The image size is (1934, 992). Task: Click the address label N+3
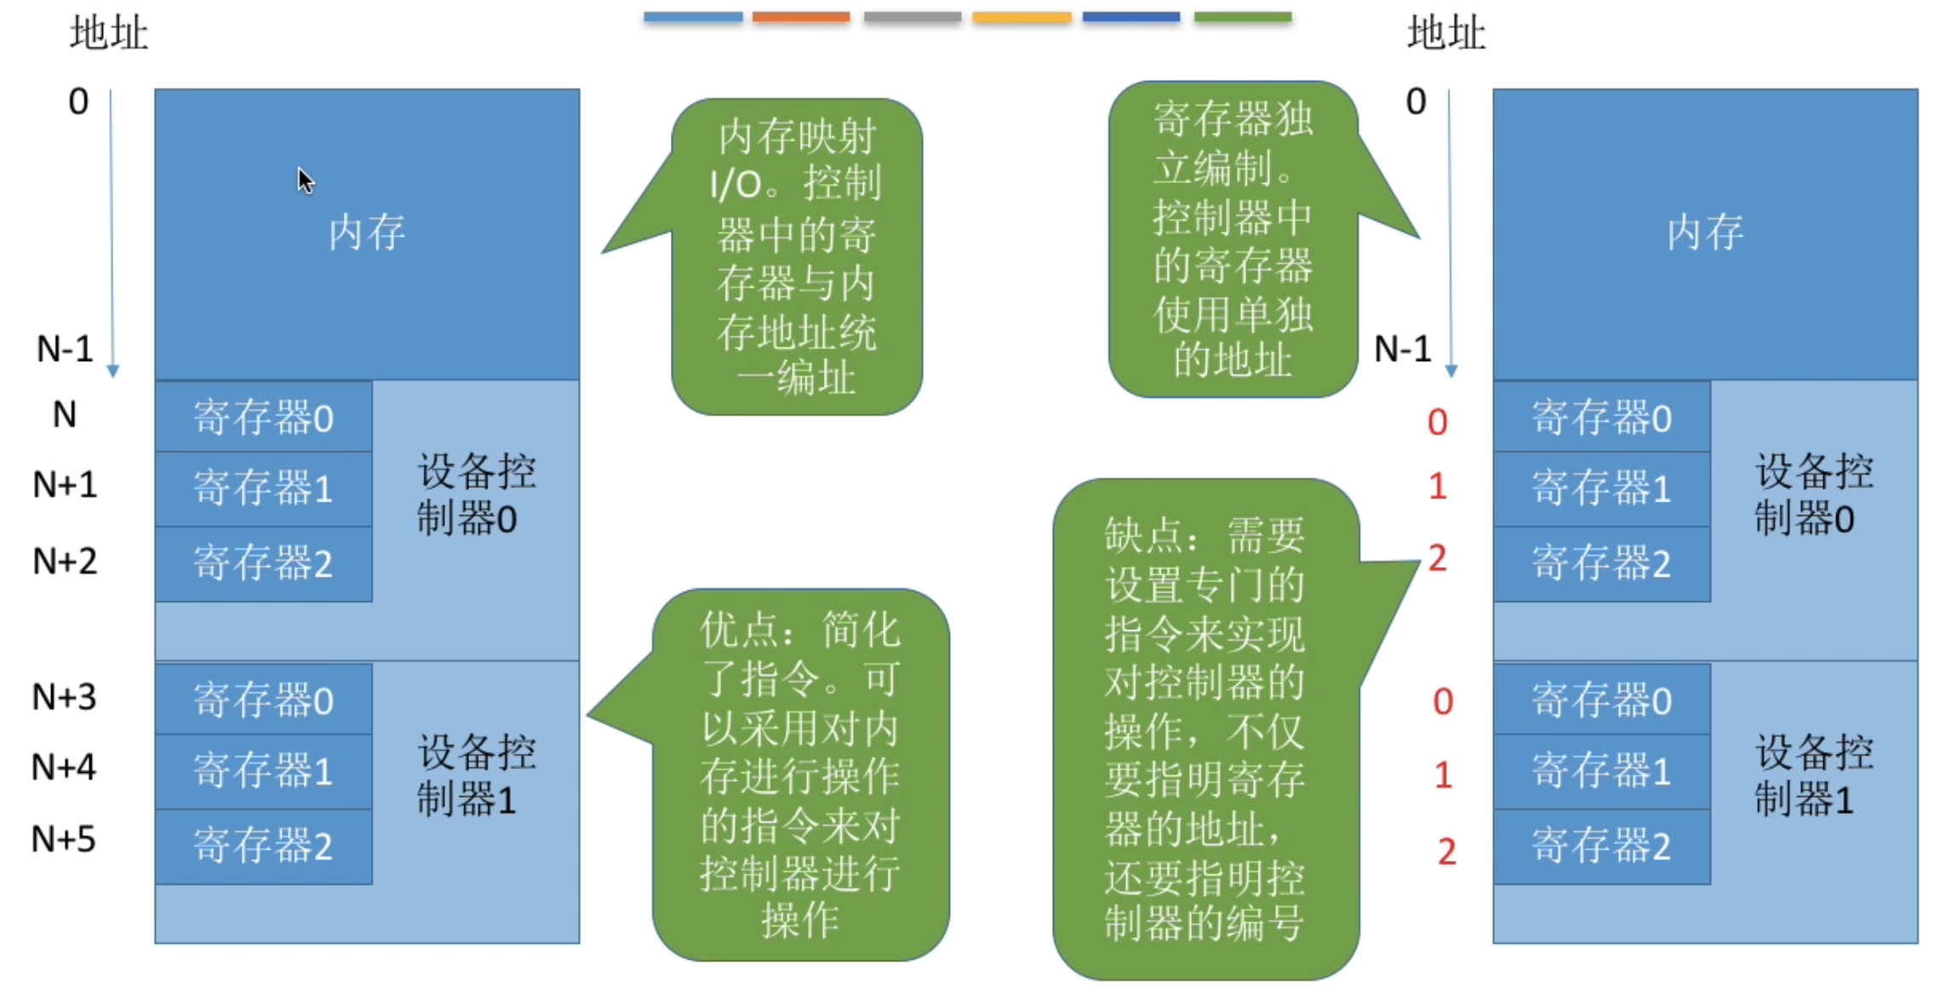pyautogui.click(x=64, y=697)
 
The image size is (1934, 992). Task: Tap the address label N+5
pyautogui.click(x=64, y=840)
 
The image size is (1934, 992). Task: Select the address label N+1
pyautogui.click(x=65, y=485)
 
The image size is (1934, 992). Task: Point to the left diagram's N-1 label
pyautogui.click(x=65, y=349)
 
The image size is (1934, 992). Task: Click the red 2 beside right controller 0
pyautogui.click(x=1437, y=559)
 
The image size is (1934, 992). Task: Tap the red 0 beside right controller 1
pyautogui.click(x=1442, y=702)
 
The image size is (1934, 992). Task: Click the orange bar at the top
pyautogui.click(x=800, y=17)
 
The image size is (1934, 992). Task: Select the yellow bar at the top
pyautogui.click(x=1021, y=17)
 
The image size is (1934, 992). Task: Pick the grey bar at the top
pyautogui.click(x=912, y=17)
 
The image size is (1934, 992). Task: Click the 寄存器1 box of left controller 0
pyautogui.click(x=263, y=489)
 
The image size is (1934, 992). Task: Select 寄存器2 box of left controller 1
pyautogui.click(x=263, y=846)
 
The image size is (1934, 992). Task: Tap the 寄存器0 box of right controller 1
pyautogui.click(x=1601, y=700)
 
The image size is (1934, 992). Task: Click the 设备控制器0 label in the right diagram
pyautogui.click(x=1813, y=495)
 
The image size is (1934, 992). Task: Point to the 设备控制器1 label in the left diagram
pyautogui.click(x=475, y=776)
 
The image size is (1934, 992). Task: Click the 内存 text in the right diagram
pyautogui.click(x=1704, y=232)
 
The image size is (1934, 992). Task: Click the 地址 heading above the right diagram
pyautogui.click(x=1445, y=34)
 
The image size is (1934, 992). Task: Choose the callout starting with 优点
pyautogui.click(x=800, y=775)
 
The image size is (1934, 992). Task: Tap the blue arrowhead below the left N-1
pyautogui.click(x=112, y=371)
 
